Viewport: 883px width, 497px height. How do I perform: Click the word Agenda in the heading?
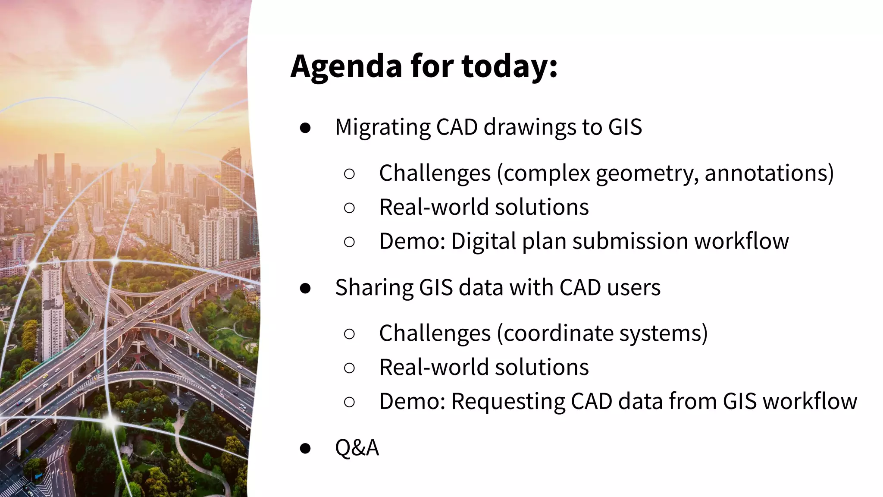[347, 66]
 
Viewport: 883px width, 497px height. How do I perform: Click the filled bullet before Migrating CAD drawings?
[305, 128]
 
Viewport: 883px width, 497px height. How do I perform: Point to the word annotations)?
[769, 173]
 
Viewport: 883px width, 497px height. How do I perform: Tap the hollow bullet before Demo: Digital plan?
[349, 242]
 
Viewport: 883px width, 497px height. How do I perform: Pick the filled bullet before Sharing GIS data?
[305, 288]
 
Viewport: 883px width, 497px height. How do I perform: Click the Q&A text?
[357, 448]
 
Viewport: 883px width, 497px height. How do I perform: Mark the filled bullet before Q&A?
[305, 448]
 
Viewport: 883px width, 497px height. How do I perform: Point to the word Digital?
[483, 241]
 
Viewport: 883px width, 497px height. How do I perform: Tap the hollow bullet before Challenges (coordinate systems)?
[349, 333]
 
